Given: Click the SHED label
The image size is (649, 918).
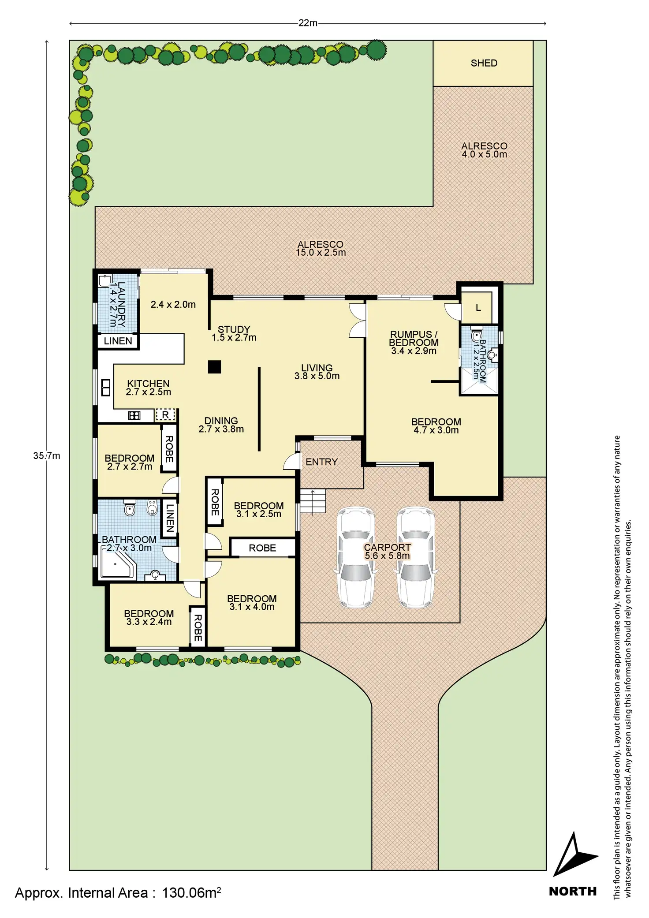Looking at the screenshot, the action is click(x=484, y=63).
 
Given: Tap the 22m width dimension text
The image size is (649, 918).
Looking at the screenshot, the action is click(x=307, y=23).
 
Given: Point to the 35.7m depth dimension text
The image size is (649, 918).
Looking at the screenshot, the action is click(x=46, y=455).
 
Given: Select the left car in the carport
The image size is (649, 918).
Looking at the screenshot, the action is click(x=356, y=558).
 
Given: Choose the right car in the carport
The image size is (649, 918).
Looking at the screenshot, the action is click(x=416, y=558).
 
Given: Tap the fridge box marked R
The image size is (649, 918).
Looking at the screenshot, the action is click(x=165, y=415).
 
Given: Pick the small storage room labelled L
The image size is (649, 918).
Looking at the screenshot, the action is click(x=477, y=307).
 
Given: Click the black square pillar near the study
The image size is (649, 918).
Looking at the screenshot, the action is click(x=215, y=367).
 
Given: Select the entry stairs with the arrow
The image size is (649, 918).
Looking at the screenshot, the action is click(x=313, y=501).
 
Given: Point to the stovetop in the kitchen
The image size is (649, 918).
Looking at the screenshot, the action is click(x=134, y=415).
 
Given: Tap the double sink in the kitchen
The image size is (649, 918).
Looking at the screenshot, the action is click(x=106, y=387).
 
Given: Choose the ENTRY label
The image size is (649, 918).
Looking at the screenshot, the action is click(x=321, y=462).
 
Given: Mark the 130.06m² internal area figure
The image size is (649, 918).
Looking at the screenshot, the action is click(x=191, y=893).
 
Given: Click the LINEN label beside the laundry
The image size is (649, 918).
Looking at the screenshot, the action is click(x=118, y=341).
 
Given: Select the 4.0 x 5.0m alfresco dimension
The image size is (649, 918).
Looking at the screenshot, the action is click(x=484, y=154).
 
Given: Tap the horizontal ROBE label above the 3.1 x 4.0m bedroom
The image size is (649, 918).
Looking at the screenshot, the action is click(x=262, y=548).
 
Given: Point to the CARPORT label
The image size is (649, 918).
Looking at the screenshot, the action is click(x=387, y=547).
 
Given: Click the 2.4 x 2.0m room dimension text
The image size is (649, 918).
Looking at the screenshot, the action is click(x=173, y=304).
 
